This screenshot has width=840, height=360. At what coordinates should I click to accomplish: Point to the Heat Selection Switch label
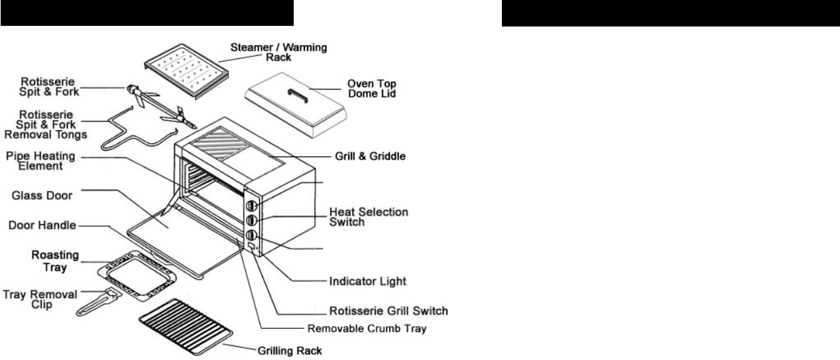point(369,217)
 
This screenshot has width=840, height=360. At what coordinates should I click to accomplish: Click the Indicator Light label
point(367,280)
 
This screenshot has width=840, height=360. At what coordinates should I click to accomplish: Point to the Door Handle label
point(40,225)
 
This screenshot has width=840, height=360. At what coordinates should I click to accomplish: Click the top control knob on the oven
point(252,206)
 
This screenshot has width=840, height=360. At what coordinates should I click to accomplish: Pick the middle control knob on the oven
point(252,220)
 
